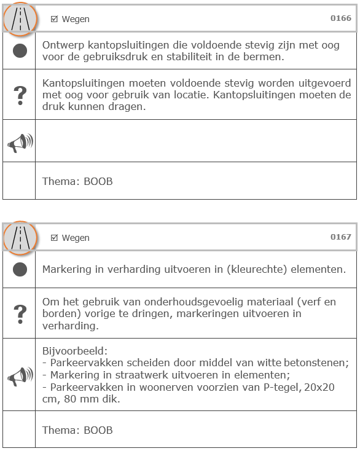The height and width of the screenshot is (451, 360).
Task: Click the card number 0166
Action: coord(341,18)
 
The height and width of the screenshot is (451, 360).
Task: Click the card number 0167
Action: coord(341,237)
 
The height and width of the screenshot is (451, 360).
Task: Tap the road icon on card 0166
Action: coord(20,20)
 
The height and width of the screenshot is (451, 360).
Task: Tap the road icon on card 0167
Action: coord(20,238)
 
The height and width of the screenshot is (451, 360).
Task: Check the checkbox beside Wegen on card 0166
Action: coord(54,19)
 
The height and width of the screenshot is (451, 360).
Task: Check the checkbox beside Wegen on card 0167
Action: coord(54,238)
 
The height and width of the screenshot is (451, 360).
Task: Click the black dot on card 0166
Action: coord(20,50)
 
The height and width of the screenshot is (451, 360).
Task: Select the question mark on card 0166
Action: coord(20,95)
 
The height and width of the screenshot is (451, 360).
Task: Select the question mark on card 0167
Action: coord(20,313)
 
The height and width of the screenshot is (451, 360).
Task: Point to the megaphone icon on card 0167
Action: coord(20,375)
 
